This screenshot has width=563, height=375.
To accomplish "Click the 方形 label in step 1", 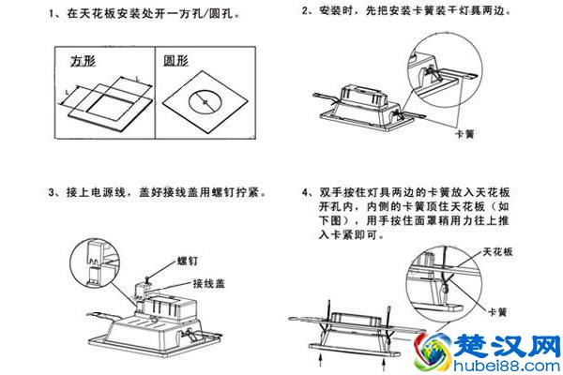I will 85,60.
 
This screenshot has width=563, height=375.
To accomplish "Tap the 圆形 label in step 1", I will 177,60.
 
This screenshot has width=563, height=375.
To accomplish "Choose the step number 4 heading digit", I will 307,193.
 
